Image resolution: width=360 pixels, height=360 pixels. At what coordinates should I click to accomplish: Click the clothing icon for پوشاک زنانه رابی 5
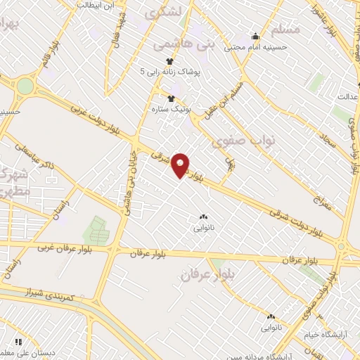point(169,60)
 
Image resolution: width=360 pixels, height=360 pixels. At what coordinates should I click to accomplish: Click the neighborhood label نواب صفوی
point(247,140)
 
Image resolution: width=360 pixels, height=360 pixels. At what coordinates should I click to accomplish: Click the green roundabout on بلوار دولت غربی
point(25,86)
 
